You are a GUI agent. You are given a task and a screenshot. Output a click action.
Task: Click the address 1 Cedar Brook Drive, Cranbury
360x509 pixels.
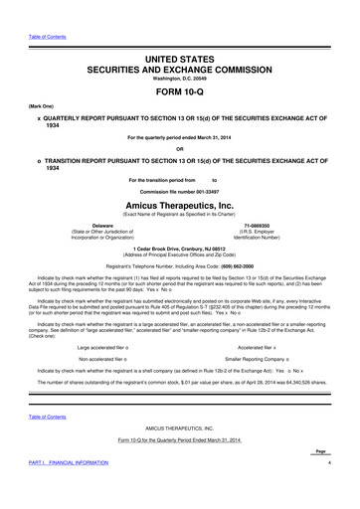pyautogui.click(x=180, y=248)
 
